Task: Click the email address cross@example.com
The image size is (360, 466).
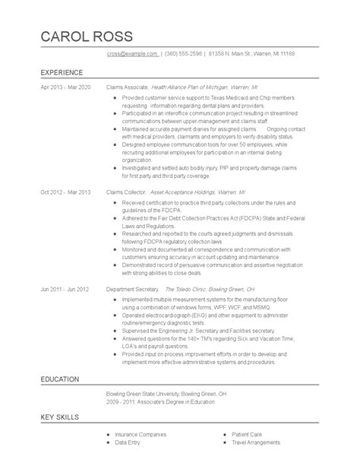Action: coord(132,55)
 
